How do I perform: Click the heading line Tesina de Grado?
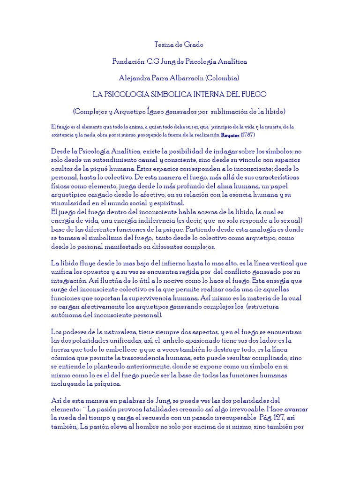180,45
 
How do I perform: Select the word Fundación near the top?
127,61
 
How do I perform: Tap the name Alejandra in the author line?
135,78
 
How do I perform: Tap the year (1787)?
247,135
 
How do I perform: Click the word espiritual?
167,202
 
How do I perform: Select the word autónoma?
67,315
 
